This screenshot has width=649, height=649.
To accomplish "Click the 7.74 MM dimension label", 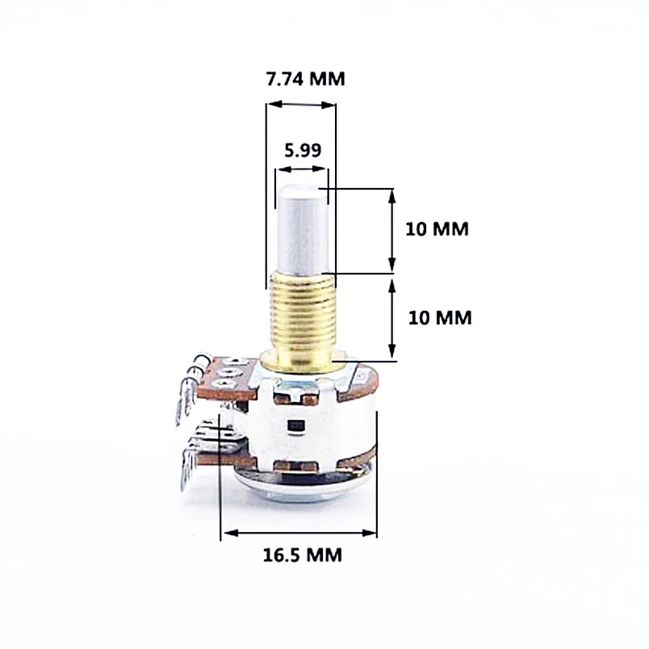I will click(304, 79).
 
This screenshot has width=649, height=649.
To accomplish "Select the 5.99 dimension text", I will click(302, 149).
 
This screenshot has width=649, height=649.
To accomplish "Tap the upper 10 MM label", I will click(437, 228).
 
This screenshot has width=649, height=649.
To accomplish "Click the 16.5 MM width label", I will click(302, 555).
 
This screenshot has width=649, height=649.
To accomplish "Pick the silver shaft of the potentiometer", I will click(302, 230).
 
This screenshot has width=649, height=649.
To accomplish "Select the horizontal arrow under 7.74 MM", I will click(301, 104).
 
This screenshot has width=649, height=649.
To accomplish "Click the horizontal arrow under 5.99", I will click(301, 170).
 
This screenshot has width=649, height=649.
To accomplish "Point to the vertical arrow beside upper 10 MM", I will click(393, 230).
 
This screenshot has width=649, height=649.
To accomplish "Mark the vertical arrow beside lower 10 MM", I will click(393, 317).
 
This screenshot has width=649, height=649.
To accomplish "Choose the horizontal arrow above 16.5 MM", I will click(299, 533).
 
